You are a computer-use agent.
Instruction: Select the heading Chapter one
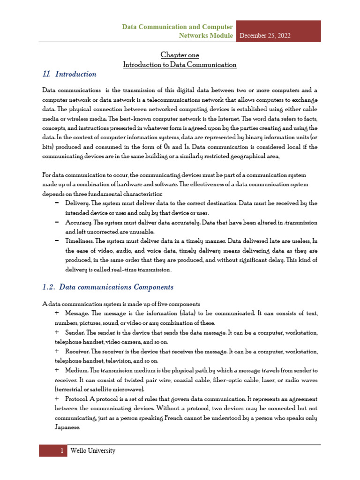tap(180, 55)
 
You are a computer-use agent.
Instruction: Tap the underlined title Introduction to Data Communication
tap(180, 65)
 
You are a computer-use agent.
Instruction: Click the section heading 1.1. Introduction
tap(69, 74)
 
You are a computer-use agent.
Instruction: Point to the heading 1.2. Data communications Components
tap(108, 287)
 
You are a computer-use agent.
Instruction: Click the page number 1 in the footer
tap(61, 451)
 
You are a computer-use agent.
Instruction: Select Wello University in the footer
tap(92, 451)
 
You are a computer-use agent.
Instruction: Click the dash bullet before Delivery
tap(57, 203)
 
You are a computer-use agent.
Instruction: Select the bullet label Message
tap(77, 313)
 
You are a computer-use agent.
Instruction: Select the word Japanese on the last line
tap(54, 427)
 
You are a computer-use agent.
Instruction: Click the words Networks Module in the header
tap(206, 36)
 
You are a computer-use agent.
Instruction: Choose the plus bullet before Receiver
tap(57, 351)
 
